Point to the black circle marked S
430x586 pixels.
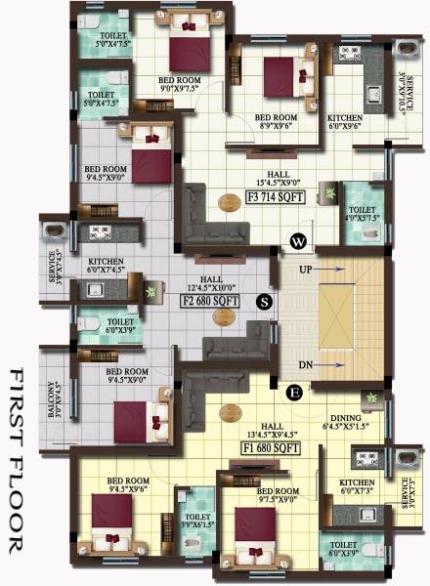(x=263, y=302)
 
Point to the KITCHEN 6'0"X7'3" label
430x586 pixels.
(x=358, y=488)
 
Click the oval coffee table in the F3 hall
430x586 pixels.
(x=227, y=204)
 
